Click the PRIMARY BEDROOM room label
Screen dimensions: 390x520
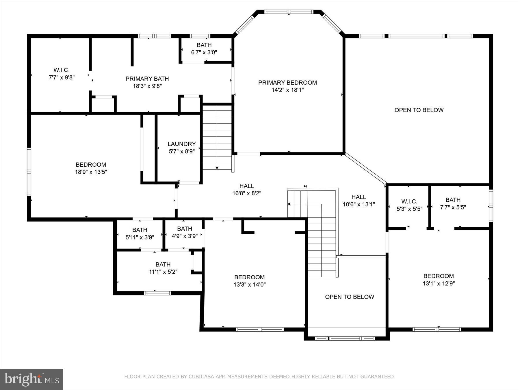click(287, 83)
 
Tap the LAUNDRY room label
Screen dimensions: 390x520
click(182, 144)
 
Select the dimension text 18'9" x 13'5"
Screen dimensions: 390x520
click(91, 172)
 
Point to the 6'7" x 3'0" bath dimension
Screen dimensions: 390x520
click(204, 52)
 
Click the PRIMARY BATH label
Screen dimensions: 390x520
click(147, 79)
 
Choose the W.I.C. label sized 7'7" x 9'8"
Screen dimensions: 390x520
click(62, 70)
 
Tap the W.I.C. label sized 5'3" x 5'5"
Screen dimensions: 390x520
click(409, 201)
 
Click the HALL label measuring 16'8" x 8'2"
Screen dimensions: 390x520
click(247, 186)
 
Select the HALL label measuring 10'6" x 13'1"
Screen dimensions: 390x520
click(359, 197)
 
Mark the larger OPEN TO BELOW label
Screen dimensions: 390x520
click(419, 110)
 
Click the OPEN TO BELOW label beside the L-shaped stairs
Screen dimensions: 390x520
click(350, 297)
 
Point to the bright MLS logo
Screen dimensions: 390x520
click(31, 379)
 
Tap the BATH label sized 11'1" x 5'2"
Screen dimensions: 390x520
click(163, 264)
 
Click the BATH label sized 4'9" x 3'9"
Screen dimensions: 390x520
click(185, 229)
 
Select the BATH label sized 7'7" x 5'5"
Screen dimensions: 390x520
click(453, 200)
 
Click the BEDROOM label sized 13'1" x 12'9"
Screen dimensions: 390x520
click(439, 276)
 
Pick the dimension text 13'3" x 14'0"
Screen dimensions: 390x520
click(250, 285)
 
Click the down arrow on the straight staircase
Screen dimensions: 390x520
click(217, 168)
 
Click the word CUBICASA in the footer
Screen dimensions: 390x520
click(200, 377)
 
